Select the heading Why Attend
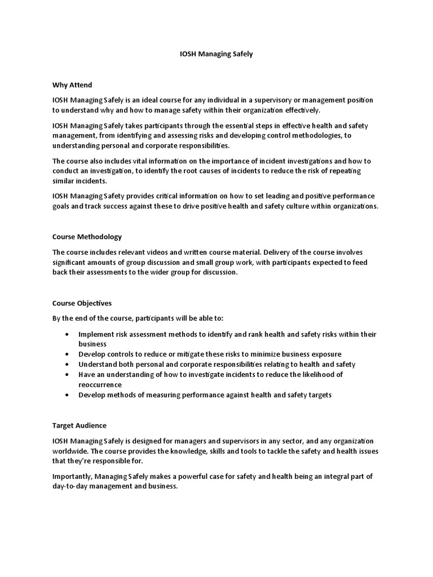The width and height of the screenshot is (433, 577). click(72, 86)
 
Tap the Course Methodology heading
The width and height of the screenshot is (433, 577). click(87, 237)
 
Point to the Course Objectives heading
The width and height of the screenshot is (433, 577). click(82, 303)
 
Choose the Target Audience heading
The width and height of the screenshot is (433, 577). click(79, 425)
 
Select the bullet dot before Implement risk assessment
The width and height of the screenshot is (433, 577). click(67, 334)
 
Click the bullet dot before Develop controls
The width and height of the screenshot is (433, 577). click(67, 354)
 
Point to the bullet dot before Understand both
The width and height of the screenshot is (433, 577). click(67, 365)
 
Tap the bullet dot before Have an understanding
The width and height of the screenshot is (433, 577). click(67, 375)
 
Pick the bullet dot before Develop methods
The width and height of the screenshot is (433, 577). click(67, 395)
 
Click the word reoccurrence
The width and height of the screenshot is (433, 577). click(100, 384)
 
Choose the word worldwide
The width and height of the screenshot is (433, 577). click(70, 451)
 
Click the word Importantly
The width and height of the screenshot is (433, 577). click(71, 476)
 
